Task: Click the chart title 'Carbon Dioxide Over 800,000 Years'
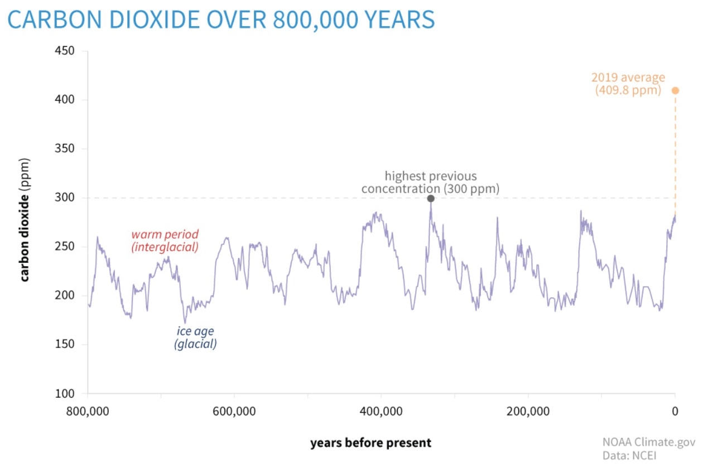(x=221, y=20)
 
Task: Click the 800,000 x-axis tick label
(x=88, y=412)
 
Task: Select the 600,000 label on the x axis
(x=234, y=412)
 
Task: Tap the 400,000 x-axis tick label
(x=381, y=412)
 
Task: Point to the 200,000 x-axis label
(x=528, y=412)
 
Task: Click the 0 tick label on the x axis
(x=675, y=412)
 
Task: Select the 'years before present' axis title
(x=370, y=443)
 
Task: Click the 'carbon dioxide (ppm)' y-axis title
(x=25, y=219)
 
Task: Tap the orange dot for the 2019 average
(x=675, y=90)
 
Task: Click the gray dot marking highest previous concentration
(x=431, y=199)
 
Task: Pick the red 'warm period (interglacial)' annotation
(x=165, y=240)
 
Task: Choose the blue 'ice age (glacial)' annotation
(x=195, y=337)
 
